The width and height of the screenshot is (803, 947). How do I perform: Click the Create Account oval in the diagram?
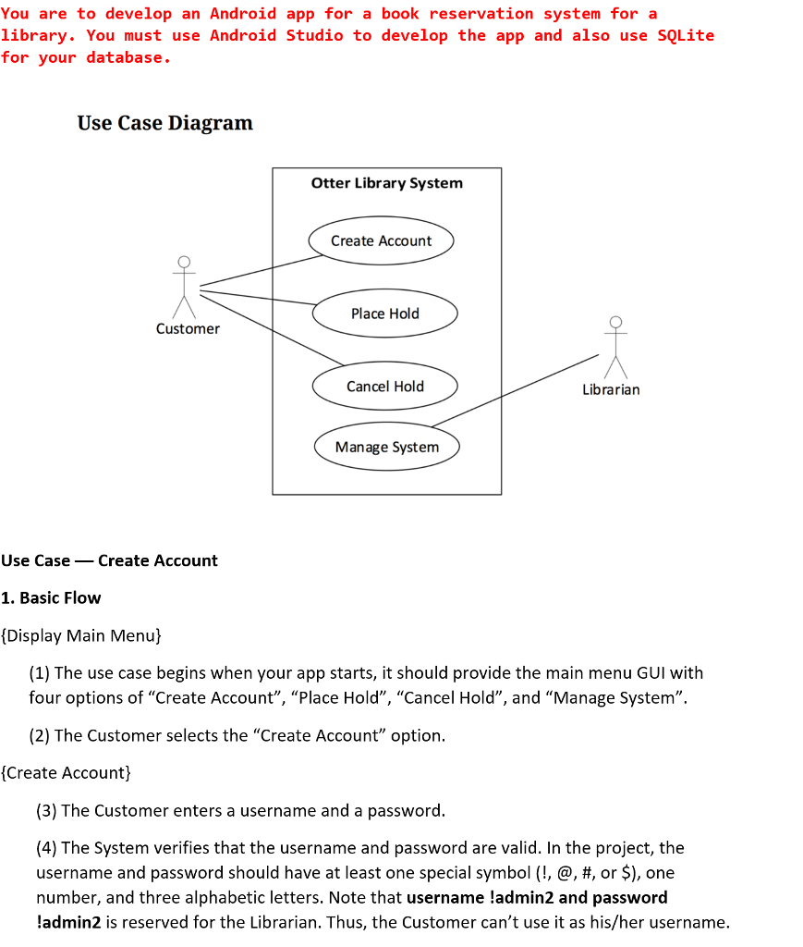point(381,240)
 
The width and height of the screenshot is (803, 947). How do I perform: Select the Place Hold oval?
point(384,314)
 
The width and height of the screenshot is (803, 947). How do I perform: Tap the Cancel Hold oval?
point(384,387)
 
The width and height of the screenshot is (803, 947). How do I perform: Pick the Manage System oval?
point(386,447)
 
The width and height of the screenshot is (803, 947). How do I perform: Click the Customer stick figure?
point(185,287)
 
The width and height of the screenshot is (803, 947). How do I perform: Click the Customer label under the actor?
point(188,329)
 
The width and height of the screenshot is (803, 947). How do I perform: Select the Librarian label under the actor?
point(611,389)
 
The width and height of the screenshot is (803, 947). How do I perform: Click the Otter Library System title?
point(386,183)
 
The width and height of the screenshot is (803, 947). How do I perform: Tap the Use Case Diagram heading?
point(164,123)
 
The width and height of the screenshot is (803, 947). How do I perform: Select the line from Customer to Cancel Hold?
point(273,328)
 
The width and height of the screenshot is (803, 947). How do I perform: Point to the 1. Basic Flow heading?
point(51,597)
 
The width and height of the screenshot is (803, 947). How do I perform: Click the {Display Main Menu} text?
point(81,635)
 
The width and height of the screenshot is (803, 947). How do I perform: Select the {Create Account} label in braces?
point(67,772)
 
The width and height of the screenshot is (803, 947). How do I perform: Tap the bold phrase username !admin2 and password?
point(536,897)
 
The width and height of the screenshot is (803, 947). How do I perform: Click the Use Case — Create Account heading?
point(109,560)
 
